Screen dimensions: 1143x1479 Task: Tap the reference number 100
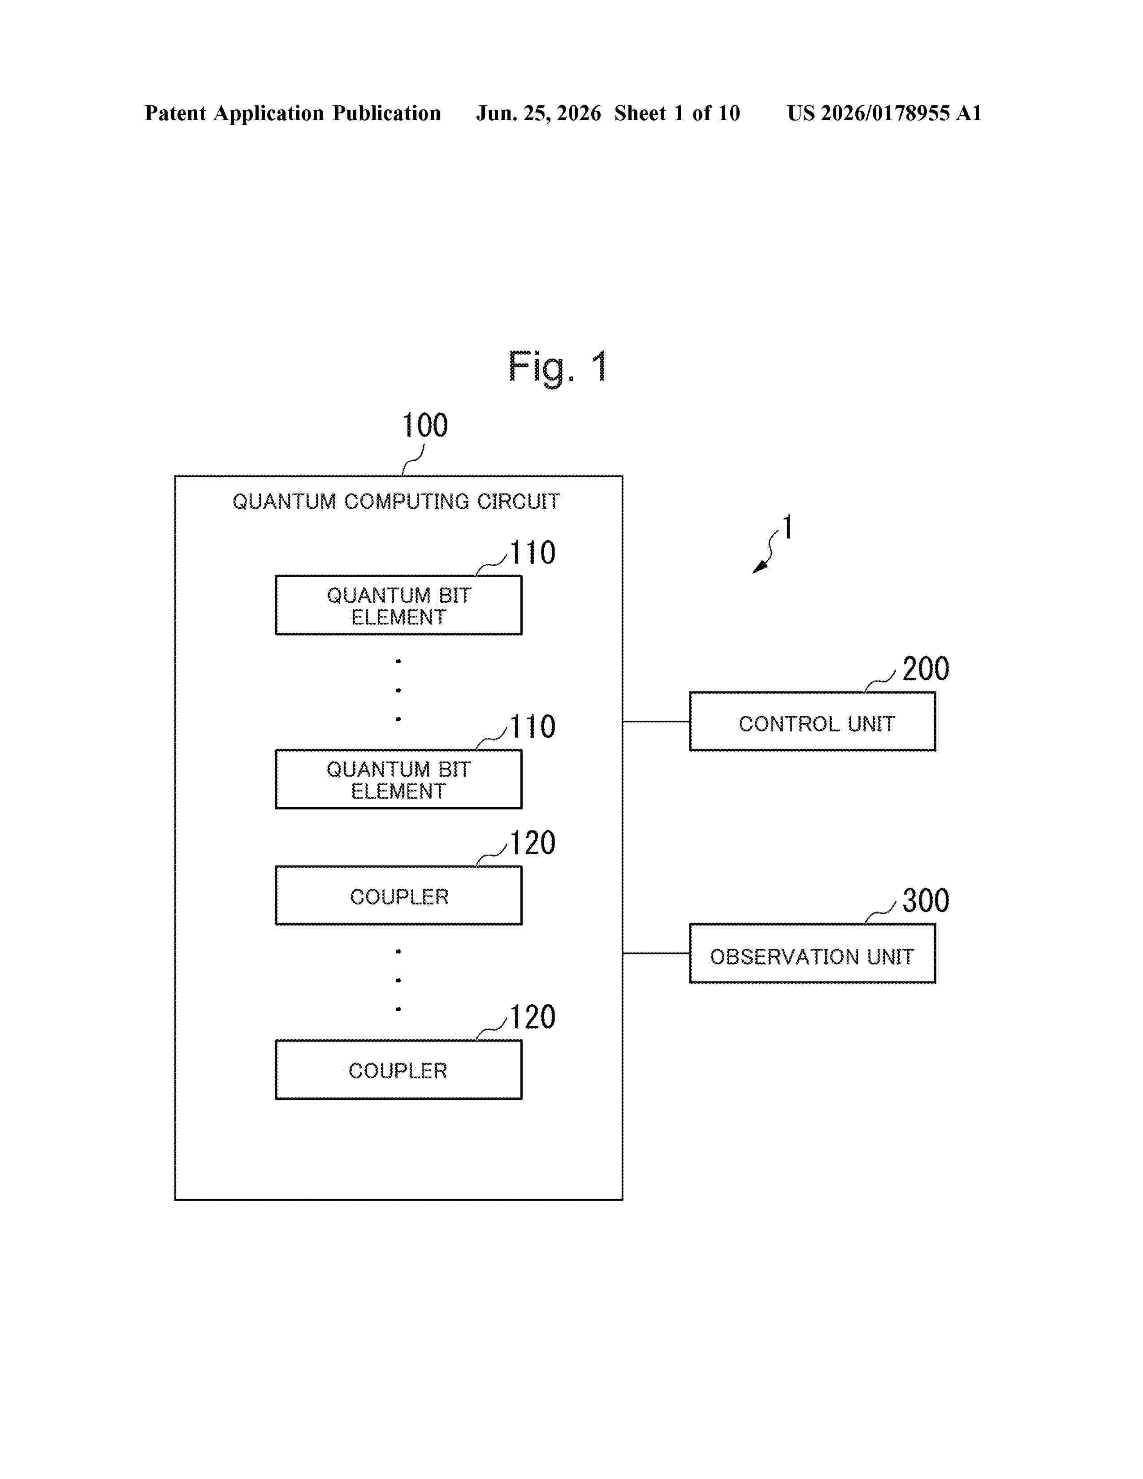coord(424,425)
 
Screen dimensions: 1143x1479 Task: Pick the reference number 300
coord(926,901)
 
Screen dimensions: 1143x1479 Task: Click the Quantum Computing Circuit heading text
coord(396,502)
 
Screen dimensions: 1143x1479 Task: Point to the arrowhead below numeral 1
coord(760,567)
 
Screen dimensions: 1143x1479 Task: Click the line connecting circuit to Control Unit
coord(656,721)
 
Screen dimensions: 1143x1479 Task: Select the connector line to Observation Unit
coord(656,953)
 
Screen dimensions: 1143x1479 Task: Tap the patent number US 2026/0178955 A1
coord(884,113)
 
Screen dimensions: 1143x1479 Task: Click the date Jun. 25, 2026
coord(538,113)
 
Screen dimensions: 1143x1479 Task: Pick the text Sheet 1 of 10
coord(677,113)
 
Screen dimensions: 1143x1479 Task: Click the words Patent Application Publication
coord(293,113)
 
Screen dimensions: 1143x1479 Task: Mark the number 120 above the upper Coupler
coord(532,843)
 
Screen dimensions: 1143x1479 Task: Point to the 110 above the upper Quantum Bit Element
coord(532,553)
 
